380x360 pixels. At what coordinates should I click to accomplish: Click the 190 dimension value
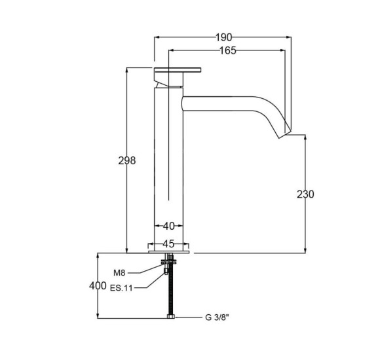click(223, 37)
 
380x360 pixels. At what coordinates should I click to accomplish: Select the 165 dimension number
click(227, 50)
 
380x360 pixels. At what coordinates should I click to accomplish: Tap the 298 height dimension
click(126, 160)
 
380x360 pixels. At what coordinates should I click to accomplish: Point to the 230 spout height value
click(305, 194)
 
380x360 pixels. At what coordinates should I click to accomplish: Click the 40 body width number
click(168, 226)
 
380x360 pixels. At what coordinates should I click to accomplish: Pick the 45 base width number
click(168, 243)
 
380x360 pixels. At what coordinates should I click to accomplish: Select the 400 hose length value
click(98, 285)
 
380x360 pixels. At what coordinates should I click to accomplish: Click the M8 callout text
click(119, 273)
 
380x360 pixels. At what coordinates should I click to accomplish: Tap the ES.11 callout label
click(121, 288)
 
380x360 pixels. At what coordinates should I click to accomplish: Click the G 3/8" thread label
click(217, 317)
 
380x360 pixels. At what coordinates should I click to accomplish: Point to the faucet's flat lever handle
click(178, 70)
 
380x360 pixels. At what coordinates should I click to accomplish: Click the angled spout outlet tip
click(285, 134)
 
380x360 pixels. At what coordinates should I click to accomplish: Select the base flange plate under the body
click(168, 252)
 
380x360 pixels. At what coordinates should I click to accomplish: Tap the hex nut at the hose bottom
click(170, 317)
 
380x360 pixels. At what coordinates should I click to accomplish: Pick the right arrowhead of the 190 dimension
click(289, 37)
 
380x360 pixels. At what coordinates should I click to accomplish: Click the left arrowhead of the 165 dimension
click(172, 50)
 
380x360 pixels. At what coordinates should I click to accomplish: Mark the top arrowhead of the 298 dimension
click(126, 70)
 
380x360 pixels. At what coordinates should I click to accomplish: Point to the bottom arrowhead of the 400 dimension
click(98, 315)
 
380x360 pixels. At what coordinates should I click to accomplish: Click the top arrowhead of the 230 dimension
click(305, 137)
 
